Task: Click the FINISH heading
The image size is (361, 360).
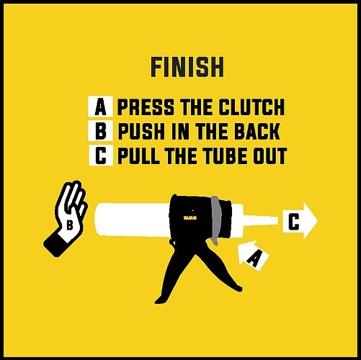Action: click(187, 68)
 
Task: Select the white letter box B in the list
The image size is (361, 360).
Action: click(101, 131)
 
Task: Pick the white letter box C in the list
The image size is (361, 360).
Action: click(101, 155)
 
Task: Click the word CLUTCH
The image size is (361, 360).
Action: click(251, 107)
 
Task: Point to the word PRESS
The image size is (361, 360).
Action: click(146, 107)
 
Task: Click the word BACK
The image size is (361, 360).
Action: click(257, 131)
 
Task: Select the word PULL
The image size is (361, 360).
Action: click(138, 156)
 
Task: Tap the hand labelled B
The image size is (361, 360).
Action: click(66, 218)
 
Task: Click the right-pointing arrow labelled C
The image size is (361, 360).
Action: click(300, 221)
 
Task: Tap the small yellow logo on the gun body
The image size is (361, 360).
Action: click(190, 218)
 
